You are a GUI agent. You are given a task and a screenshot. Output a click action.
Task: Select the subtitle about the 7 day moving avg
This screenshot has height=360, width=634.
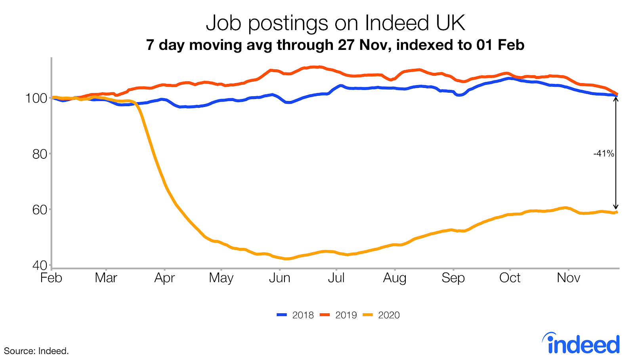point(335,45)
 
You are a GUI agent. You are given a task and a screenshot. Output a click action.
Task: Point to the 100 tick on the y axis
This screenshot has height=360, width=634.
point(36,98)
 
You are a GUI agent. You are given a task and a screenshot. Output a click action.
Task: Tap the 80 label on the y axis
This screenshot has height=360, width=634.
point(40,154)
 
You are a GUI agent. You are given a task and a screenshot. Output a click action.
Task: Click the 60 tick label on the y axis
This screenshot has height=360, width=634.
point(40,210)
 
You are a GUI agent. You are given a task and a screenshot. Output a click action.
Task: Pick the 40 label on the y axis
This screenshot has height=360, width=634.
point(40,265)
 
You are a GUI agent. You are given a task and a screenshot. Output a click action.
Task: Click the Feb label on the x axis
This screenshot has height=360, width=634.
point(52,278)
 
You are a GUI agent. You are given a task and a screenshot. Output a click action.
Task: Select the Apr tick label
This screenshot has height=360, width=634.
point(164,278)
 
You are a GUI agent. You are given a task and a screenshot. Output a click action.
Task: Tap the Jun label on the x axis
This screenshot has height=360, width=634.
point(279,278)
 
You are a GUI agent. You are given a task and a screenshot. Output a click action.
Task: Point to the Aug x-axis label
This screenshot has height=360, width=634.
point(395,278)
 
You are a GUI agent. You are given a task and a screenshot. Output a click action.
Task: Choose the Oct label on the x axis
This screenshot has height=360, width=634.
point(510,278)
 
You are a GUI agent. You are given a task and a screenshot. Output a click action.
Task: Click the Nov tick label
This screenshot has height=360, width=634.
point(568,278)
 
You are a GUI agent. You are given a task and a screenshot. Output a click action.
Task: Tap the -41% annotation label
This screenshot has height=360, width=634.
point(603,154)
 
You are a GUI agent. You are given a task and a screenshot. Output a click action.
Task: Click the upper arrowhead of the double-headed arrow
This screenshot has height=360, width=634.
point(616,99)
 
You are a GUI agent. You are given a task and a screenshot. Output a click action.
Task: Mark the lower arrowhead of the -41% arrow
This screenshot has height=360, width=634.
point(616,207)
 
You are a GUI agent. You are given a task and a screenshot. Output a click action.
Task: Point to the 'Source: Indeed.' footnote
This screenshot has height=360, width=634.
point(36,351)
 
